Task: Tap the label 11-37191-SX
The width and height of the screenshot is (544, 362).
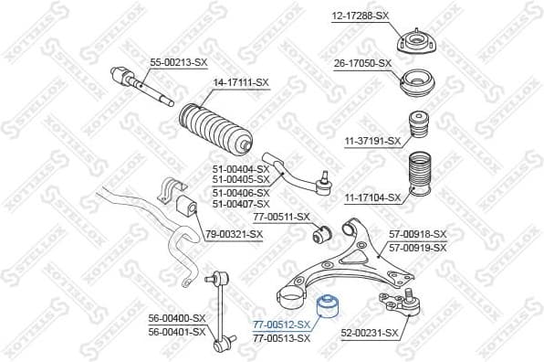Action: point(372,141)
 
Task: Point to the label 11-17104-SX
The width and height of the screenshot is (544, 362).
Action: point(372,197)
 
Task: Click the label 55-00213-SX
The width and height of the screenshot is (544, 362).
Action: point(179,63)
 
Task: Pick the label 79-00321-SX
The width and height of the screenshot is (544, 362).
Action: point(234,235)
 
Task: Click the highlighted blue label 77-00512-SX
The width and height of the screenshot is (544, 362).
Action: point(281,325)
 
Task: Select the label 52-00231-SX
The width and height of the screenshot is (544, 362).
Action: point(370,334)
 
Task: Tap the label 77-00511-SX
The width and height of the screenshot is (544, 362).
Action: point(281,217)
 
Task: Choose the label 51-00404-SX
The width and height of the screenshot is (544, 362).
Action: point(240,169)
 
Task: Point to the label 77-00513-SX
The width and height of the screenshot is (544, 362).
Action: point(281,338)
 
